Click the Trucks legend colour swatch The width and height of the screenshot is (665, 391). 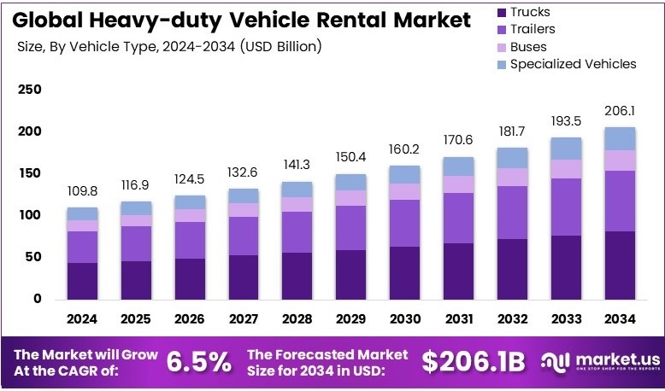click(x=501, y=13)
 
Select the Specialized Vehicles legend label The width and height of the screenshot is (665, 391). click(x=573, y=64)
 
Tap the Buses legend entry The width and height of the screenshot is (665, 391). click(x=528, y=47)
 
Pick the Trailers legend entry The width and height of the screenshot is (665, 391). click(x=533, y=30)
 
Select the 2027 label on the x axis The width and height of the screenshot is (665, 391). click(x=243, y=318)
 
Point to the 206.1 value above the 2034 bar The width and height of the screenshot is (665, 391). click(x=619, y=112)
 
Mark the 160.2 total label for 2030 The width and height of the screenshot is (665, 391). click(x=404, y=150)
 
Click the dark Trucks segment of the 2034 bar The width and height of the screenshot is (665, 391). click(x=619, y=265)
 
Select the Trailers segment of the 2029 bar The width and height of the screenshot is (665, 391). click(x=350, y=228)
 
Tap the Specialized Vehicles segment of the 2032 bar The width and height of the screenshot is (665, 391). click(x=511, y=158)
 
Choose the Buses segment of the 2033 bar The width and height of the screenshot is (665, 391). click(x=565, y=169)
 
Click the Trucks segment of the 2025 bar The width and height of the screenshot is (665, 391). click(x=136, y=280)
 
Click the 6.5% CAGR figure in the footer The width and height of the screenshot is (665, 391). click(x=197, y=363)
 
